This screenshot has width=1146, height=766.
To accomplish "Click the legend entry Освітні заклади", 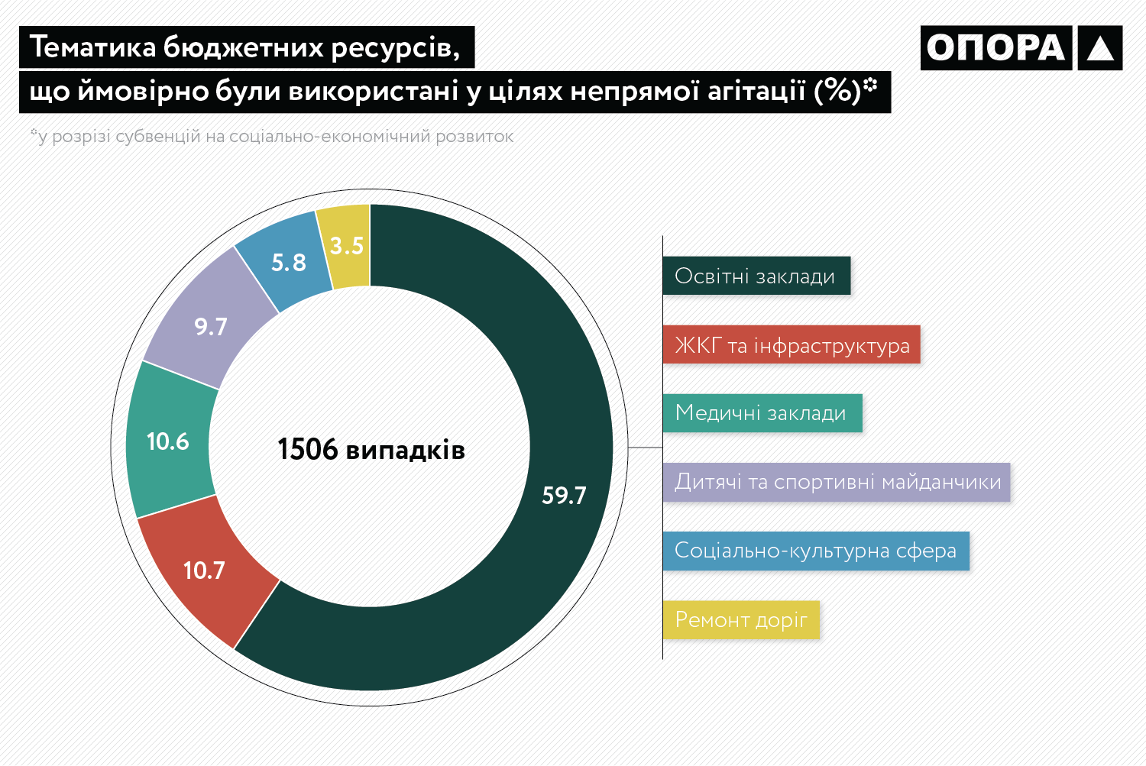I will point(755,276).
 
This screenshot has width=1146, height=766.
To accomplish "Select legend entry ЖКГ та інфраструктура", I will point(792,345).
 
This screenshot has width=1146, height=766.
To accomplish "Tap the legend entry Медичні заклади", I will point(761,413).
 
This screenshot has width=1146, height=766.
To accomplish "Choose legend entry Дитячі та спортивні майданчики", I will point(837,482).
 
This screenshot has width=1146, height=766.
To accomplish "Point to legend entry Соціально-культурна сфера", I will point(815,551).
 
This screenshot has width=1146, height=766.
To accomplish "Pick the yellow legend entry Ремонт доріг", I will point(740,619).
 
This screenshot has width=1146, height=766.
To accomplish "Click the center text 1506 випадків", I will point(371,449).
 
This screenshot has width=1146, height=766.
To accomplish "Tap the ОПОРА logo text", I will point(995,47).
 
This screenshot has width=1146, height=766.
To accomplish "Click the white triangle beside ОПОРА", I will point(1100,48).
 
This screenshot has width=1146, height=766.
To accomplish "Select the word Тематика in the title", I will point(92,47).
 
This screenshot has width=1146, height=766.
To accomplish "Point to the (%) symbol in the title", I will point(838,91).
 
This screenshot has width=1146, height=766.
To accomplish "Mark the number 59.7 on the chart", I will point(564,496).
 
